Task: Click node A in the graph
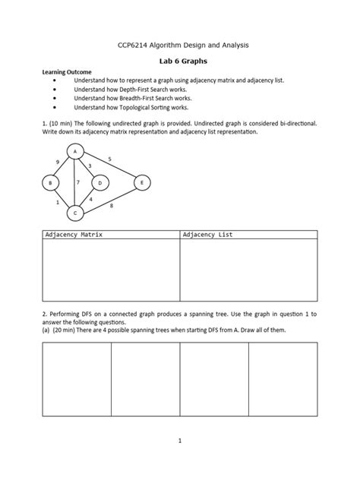click(x=74, y=152)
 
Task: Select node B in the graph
click(x=50, y=183)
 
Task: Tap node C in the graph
click(x=74, y=213)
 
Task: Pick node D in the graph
click(x=99, y=183)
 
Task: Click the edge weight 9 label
click(x=58, y=163)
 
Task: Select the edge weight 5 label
click(x=110, y=159)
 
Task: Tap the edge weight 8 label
click(x=112, y=206)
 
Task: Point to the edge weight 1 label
click(x=57, y=203)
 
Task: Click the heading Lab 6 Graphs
click(x=179, y=60)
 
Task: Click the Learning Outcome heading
click(x=66, y=71)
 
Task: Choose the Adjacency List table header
click(x=207, y=235)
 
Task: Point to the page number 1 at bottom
click(x=179, y=440)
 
